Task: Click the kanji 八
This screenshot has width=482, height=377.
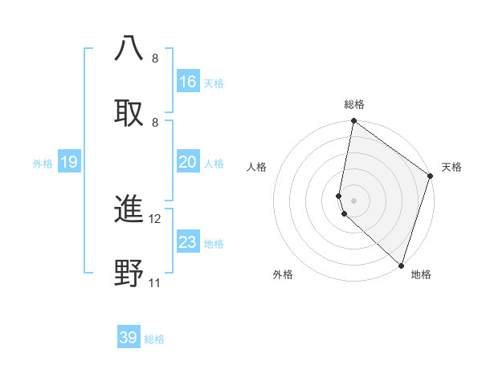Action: pyautogui.click(x=129, y=49)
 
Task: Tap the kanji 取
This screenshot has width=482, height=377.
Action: pyautogui.click(x=129, y=111)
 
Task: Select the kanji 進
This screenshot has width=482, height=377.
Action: pyautogui.click(x=129, y=209)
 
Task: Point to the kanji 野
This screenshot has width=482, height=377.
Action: pyautogui.click(x=129, y=273)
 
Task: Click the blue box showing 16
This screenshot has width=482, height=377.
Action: pyautogui.click(x=188, y=81)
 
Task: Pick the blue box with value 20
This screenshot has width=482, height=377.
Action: pyautogui.click(x=188, y=162)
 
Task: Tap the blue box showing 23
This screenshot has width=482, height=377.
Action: pyautogui.click(x=188, y=242)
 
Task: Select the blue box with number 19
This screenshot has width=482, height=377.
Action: pyautogui.click(x=69, y=162)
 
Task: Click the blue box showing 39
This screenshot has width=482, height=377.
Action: pyautogui.click(x=129, y=338)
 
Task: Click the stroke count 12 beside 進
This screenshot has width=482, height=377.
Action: pyautogui.click(x=155, y=219)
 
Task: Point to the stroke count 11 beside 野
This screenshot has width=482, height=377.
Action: pyautogui.click(x=155, y=283)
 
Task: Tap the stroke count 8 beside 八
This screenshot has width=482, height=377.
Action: pyautogui.click(x=155, y=59)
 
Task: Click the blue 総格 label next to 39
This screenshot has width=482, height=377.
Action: pyautogui.click(x=154, y=339)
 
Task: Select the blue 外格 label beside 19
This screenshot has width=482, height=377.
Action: pyautogui.click(x=43, y=164)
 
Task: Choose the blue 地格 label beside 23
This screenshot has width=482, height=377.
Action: pyautogui.click(x=214, y=244)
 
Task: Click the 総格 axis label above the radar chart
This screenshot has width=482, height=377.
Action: pyautogui.click(x=354, y=104)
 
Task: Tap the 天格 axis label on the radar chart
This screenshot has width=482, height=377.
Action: pyautogui.click(x=451, y=167)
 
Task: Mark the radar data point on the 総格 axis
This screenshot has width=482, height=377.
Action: pyautogui.click(x=353, y=122)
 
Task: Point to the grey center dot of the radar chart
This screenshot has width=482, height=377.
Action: pyautogui.click(x=353, y=200)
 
